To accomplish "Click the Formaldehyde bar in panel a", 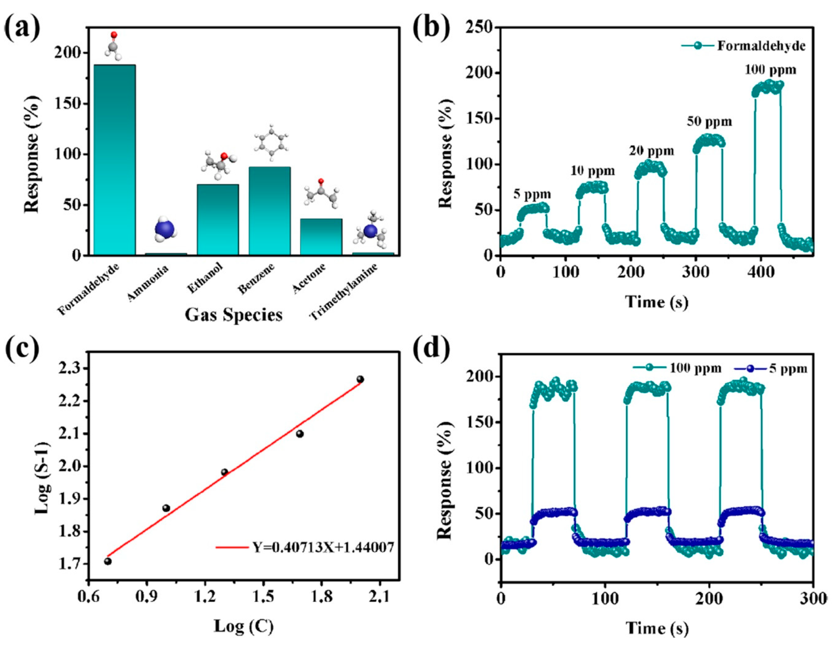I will tap(114, 160).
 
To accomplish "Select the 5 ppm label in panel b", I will tap(532, 194).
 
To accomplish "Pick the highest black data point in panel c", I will tap(360, 379).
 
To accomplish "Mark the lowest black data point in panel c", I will tap(108, 561).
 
